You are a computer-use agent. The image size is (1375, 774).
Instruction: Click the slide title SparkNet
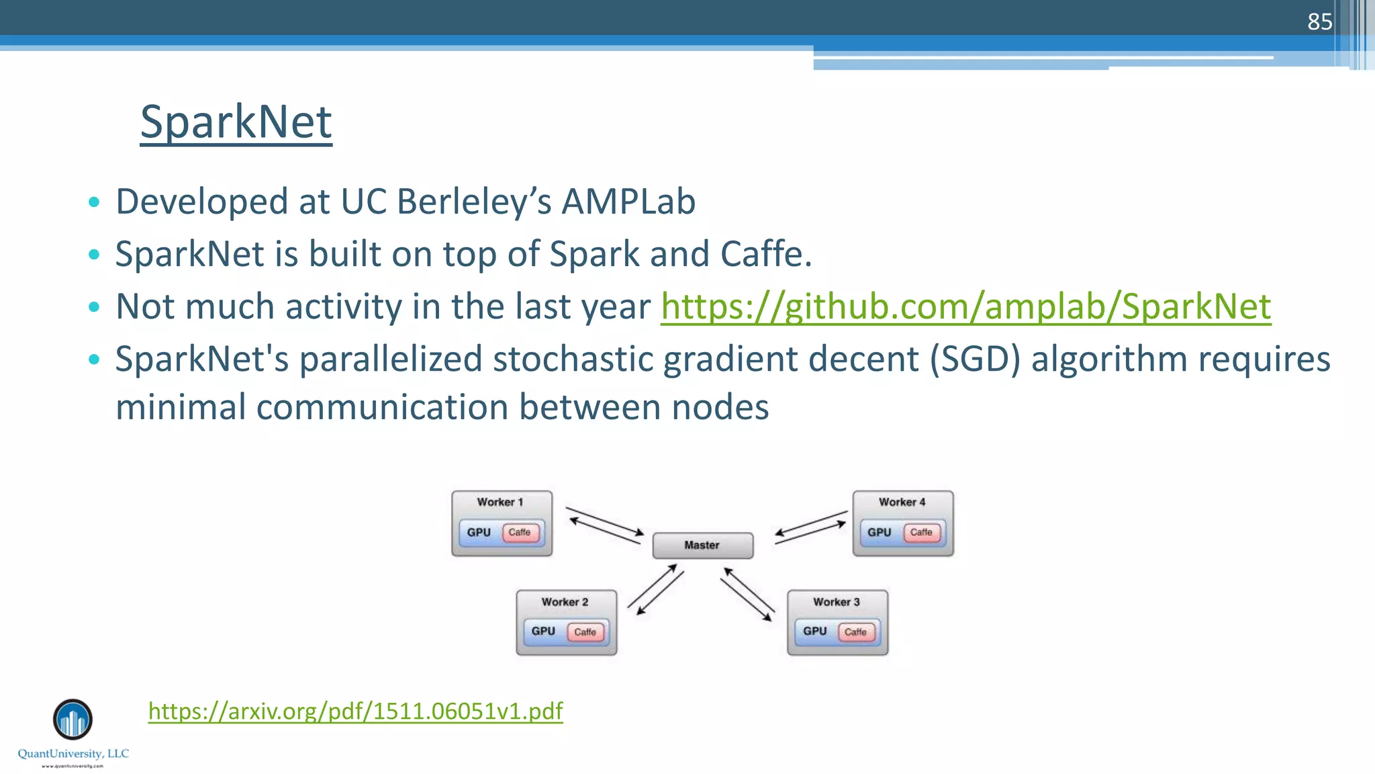point(236,122)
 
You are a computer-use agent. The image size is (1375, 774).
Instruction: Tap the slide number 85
point(1319,22)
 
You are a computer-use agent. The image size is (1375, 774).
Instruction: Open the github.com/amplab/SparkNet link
point(965,306)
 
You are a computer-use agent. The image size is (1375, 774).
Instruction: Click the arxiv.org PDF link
point(355,711)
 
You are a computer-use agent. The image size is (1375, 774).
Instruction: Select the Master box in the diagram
point(702,545)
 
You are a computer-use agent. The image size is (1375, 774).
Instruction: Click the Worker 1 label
point(500,502)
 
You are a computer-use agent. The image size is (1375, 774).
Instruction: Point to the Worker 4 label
point(902,502)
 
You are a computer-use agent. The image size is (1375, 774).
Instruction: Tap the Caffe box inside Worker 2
point(585,632)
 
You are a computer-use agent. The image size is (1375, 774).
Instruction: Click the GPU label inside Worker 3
point(814,631)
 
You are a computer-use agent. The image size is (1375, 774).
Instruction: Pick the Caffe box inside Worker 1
point(520,532)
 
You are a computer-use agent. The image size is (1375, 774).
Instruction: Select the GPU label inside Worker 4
point(879,532)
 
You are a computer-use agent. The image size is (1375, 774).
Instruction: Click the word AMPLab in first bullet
point(628,202)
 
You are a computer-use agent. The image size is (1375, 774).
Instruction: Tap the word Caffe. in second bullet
point(766,254)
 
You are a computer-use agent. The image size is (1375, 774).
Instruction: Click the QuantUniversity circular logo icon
point(73,720)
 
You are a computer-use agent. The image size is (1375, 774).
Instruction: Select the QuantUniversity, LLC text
point(73,753)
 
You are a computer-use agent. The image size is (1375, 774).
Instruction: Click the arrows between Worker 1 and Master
point(605,525)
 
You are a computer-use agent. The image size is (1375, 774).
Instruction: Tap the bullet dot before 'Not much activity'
point(94,307)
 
